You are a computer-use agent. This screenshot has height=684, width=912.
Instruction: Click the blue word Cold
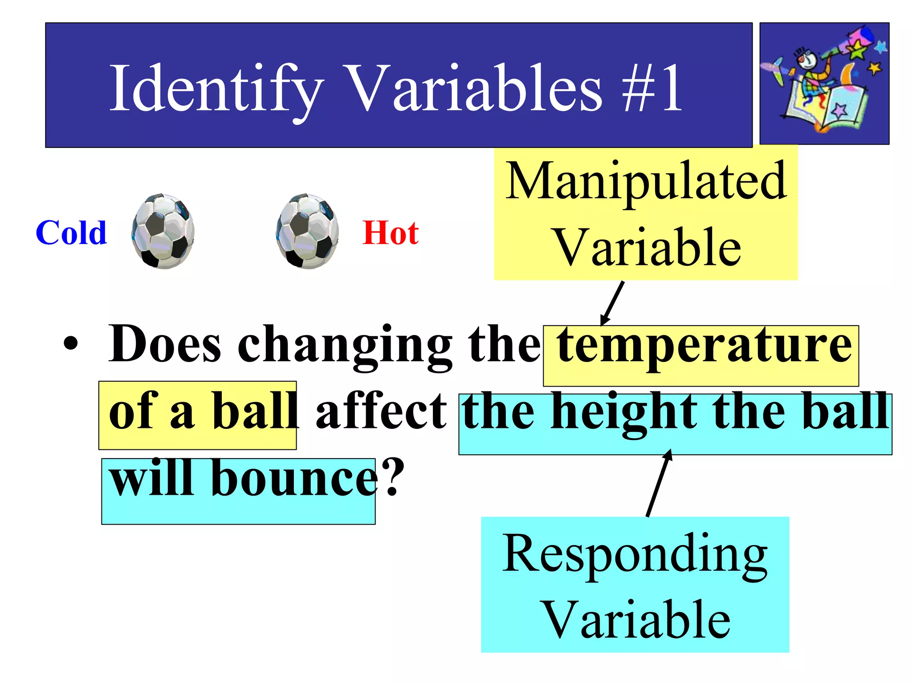[x=71, y=233]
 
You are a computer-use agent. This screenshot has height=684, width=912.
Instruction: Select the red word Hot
[x=391, y=233]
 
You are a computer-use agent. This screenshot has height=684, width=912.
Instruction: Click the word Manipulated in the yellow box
[x=646, y=181]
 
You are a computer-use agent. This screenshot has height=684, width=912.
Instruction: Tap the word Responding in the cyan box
[x=635, y=554]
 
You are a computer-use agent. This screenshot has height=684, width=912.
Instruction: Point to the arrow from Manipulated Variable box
[x=613, y=303]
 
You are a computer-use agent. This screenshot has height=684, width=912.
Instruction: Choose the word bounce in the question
[x=294, y=478]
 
